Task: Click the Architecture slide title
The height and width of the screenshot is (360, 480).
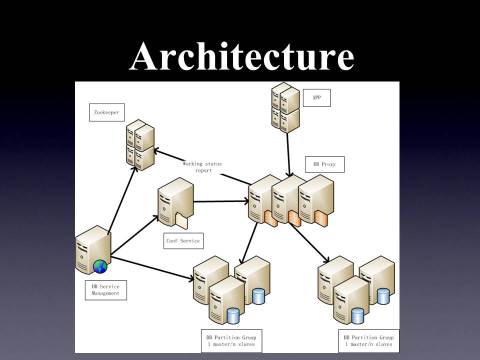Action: (x=241, y=56)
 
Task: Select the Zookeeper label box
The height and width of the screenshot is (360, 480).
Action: (x=106, y=112)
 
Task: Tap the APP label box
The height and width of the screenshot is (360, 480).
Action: (x=316, y=97)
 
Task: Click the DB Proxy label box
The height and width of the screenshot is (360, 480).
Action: (x=324, y=164)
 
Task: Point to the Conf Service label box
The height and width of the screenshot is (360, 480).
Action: (x=183, y=240)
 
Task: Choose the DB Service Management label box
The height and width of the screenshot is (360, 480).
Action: (x=105, y=290)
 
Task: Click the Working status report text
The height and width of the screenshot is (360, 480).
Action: (x=202, y=167)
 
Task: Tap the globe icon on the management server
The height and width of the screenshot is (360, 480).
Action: (x=100, y=266)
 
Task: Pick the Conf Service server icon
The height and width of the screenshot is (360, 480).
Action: (x=175, y=204)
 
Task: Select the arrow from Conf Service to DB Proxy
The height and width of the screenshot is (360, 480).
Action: (x=220, y=201)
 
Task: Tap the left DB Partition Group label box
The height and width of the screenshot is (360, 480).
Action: (x=231, y=340)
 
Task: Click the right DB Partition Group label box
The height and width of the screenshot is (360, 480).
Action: (x=369, y=340)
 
